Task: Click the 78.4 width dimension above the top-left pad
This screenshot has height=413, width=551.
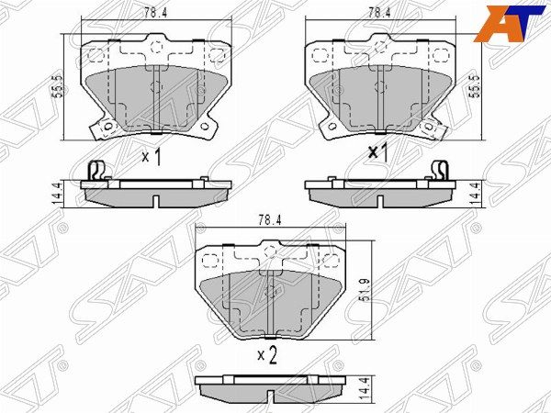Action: click(x=155, y=13)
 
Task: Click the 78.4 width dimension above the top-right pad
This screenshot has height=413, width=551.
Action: click(x=379, y=13)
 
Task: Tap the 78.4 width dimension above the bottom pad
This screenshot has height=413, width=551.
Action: click(x=270, y=220)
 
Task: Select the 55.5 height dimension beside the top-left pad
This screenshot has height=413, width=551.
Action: click(x=59, y=86)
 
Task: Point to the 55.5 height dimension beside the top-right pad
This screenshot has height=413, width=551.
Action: click(x=476, y=86)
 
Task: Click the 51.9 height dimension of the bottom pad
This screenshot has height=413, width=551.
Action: click(x=365, y=290)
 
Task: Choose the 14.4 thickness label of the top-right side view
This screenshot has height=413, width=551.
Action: click(x=476, y=194)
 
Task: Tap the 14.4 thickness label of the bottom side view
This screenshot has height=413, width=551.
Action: click(x=365, y=390)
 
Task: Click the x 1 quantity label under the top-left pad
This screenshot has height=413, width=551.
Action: click(x=152, y=156)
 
